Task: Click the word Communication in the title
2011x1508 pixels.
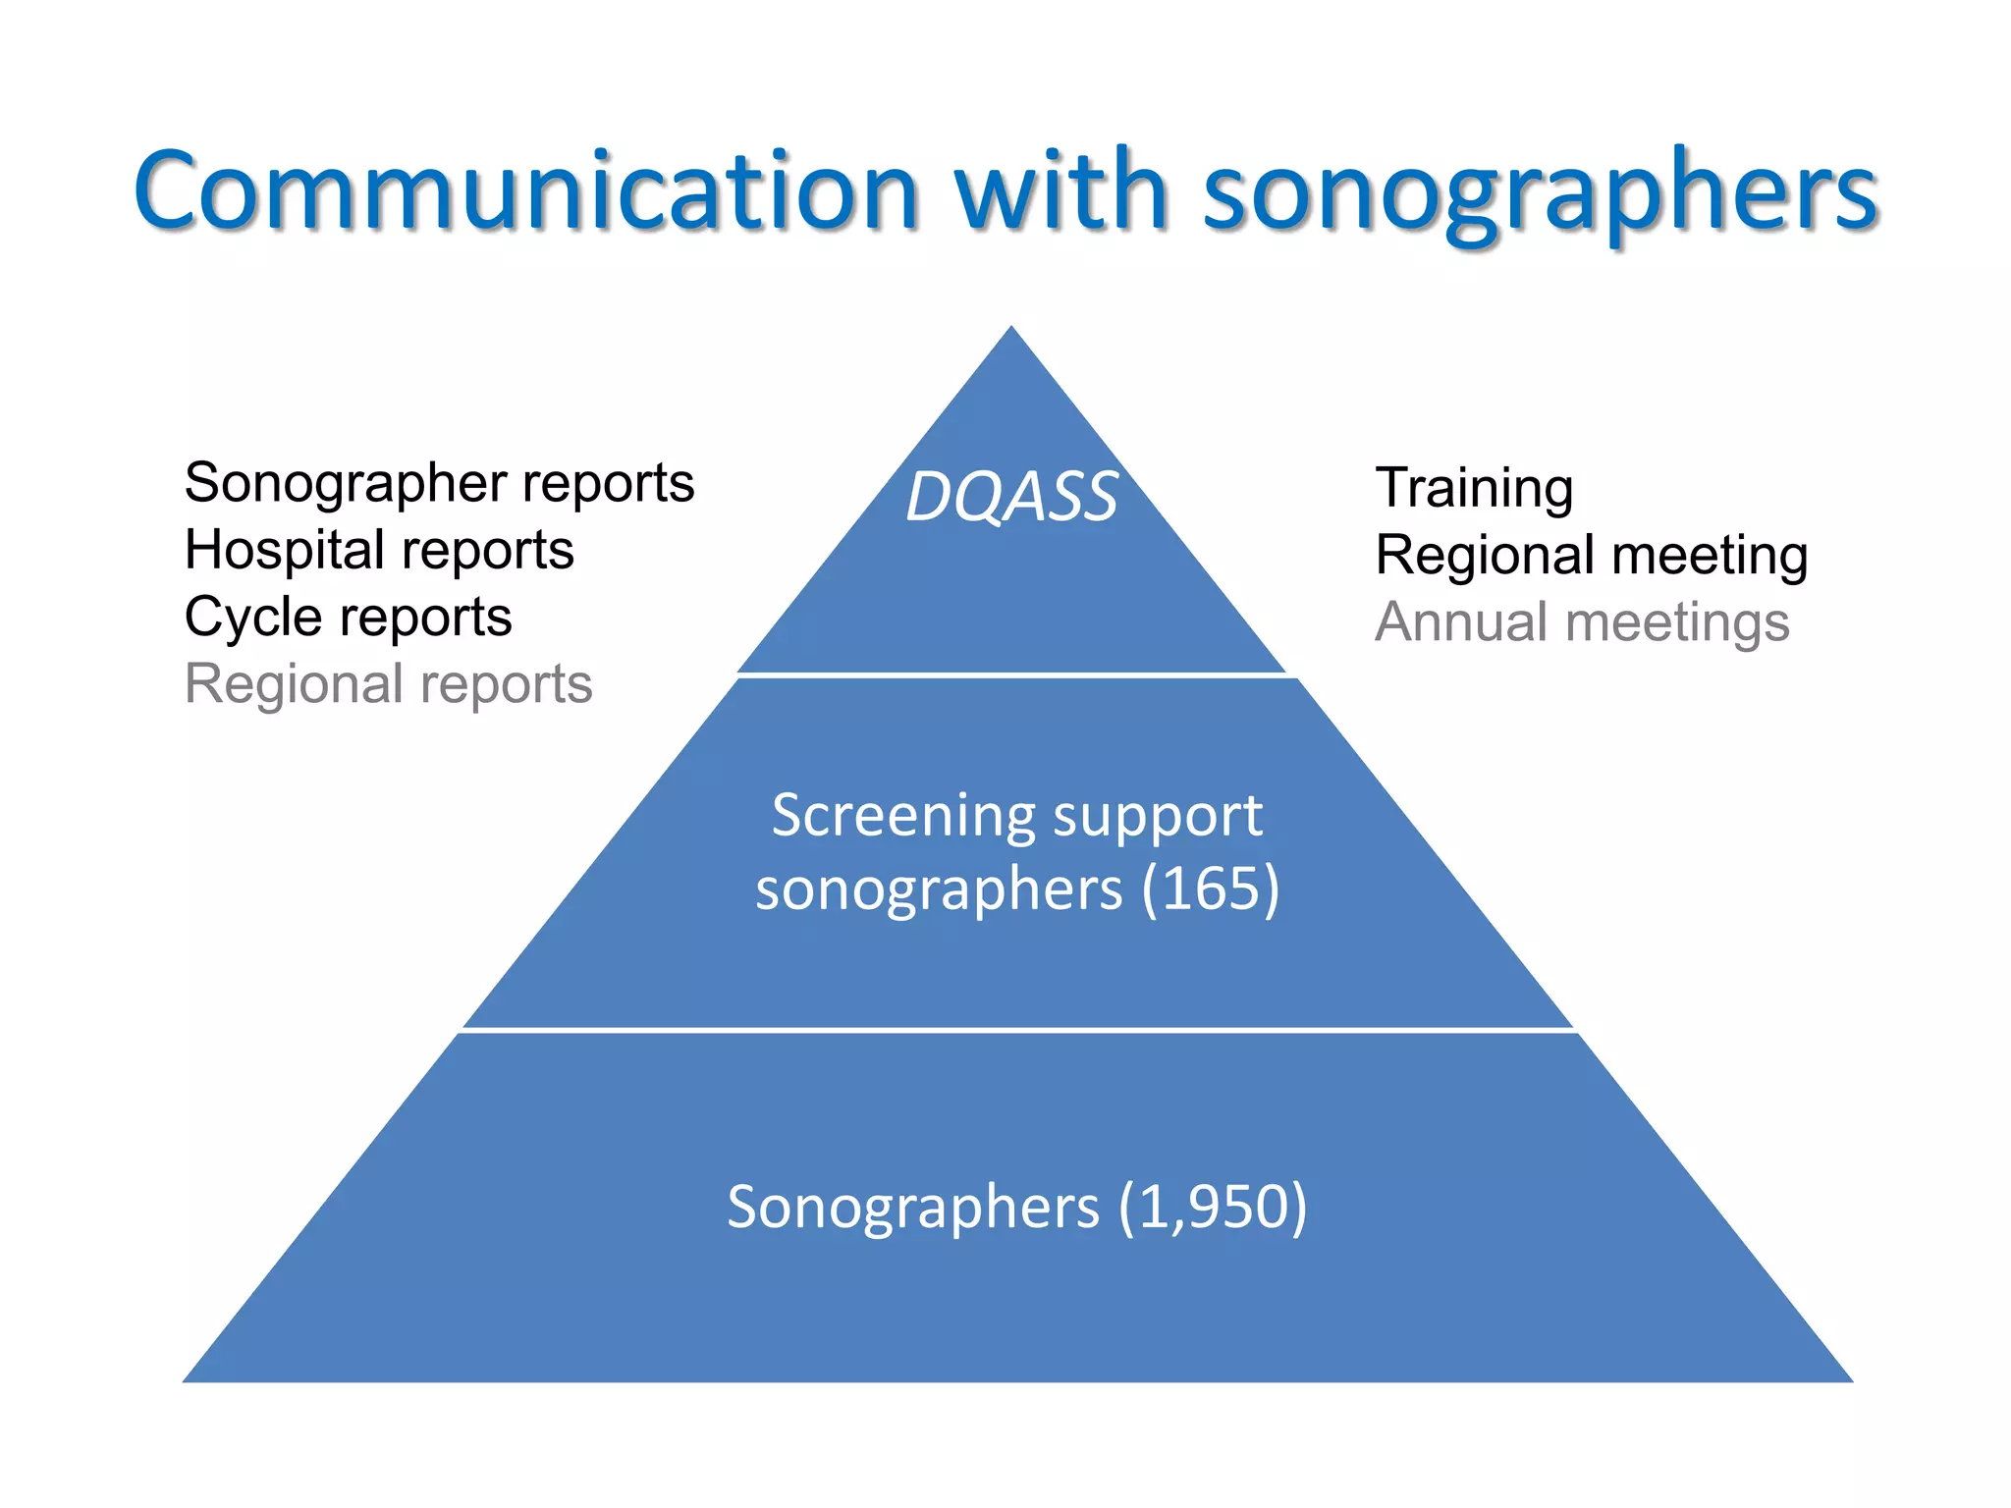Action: [x=526, y=190]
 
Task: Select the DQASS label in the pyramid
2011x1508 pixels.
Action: [x=1011, y=497]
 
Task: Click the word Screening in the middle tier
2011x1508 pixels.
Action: [x=903, y=815]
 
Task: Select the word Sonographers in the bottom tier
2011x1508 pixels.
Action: [x=912, y=1207]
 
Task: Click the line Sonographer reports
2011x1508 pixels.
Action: [x=439, y=483]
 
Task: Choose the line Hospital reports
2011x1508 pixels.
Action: [x=379, y=550]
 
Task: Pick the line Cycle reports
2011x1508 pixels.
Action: [x=348, y=617]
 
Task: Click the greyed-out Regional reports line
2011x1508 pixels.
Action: [x=388, y=683]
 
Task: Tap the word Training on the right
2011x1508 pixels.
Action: [x=1474, y=488]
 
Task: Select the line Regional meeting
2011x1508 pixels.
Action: [x=1591, y=555]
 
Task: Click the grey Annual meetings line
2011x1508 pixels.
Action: [x=1582, y=621]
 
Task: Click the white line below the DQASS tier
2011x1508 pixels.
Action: [x=1011, y=675]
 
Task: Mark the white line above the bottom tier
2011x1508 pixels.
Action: [x=1017, y=1030]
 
